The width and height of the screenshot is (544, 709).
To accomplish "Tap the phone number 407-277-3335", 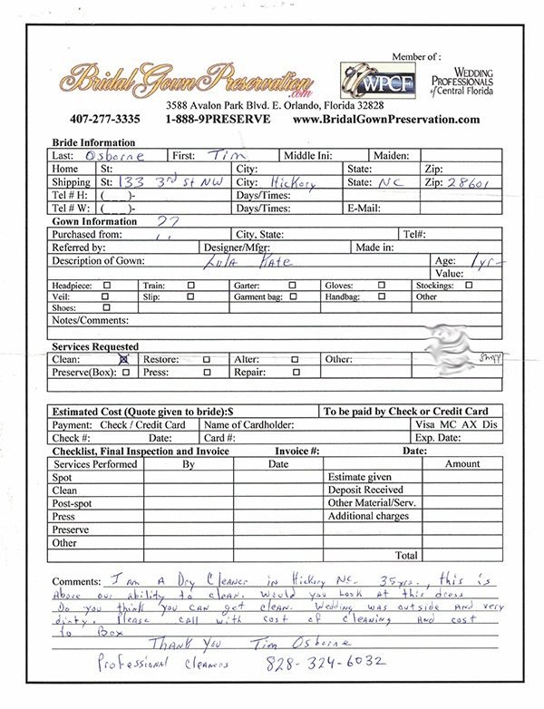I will [103, 119].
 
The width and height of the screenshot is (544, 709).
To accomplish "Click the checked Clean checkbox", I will [124, 359].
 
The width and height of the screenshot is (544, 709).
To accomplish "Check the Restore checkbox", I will [207, 359].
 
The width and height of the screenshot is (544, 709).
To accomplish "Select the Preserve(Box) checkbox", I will [124, 372].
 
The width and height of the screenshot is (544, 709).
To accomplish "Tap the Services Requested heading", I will [95, 346].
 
